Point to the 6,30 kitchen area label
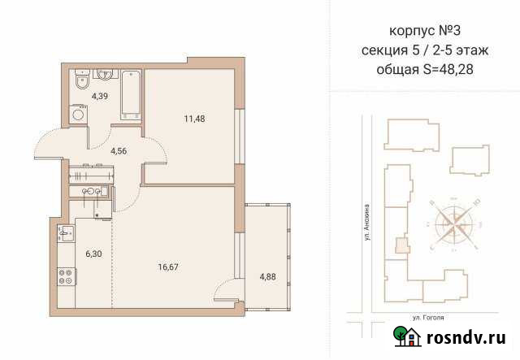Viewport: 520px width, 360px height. [94, 253]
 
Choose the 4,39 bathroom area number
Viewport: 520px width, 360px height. [100, 96]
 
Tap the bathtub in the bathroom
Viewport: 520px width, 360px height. [130, 94]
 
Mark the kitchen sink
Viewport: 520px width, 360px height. [64, 234]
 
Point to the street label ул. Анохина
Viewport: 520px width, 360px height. [367, 222]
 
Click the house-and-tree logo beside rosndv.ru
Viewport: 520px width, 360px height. [404, 336]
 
